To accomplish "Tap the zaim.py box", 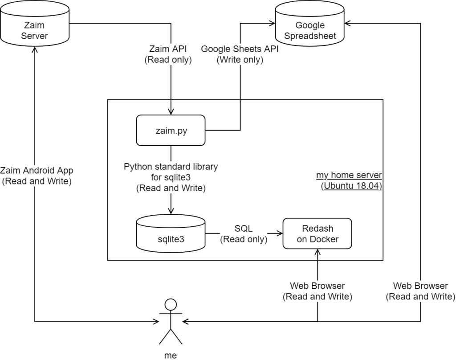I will point(170,130).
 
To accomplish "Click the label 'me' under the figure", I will point(171,355).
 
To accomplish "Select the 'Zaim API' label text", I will point(168,49).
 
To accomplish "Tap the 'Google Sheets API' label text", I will point(240,49).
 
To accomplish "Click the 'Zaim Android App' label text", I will point(37,170).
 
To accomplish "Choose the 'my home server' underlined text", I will point(349,175).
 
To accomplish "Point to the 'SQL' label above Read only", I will point(244,229).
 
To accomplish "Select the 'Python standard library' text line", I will point(171,167).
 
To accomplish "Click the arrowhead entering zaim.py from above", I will point(171,112).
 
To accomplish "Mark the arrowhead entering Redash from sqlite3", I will point(280,233).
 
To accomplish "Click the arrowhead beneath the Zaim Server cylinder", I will point(34,52).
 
